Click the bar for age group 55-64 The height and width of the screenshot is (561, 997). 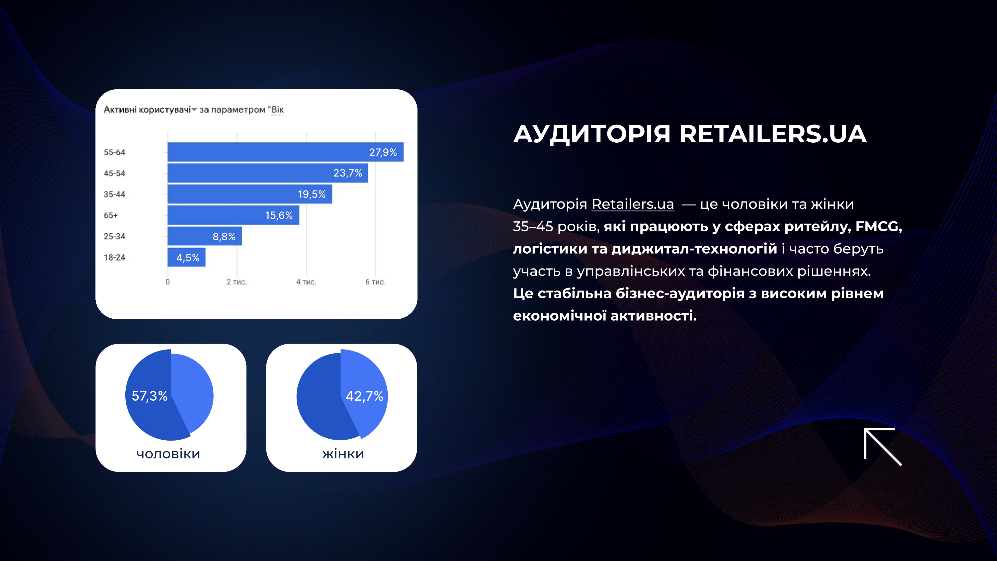point(285,152)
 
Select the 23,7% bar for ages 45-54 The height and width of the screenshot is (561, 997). point(267,173)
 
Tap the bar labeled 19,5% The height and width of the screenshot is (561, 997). point(250,194)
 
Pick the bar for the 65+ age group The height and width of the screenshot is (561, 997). point(233,215)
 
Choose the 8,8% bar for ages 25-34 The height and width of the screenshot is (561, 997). point(204,236)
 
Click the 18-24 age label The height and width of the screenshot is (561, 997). point(114,258)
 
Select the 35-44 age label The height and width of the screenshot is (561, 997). point(114,194)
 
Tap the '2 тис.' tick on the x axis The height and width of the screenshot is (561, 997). point(237,282)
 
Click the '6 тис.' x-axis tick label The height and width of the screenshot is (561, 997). point(375,282)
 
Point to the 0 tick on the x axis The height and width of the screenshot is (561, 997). point(167,282)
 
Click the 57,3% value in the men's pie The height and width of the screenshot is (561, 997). point(149,396)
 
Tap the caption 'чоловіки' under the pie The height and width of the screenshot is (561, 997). point(168,454)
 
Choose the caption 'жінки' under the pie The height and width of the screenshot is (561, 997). point(343,454)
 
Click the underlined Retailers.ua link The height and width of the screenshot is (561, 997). point(633,204)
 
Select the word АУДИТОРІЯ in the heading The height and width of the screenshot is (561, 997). point(592,134)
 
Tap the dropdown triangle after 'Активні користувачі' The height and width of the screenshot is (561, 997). point(194,109)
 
